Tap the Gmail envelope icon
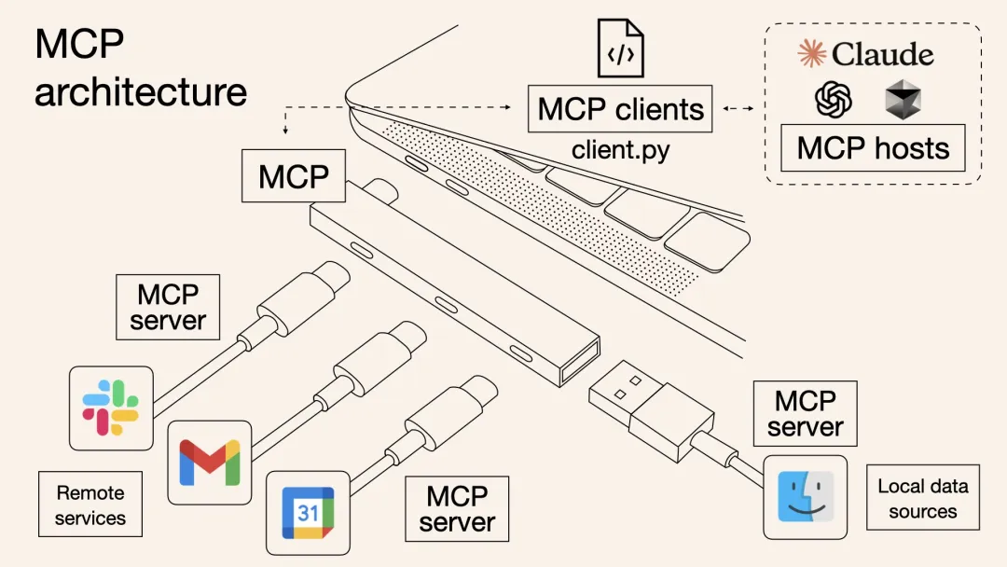[x=210, y=462]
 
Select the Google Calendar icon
[x=308, y=512]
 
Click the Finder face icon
[x=806, y=496]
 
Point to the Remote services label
[x=90, y=505]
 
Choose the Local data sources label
[x=922, y=498]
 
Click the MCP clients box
[x=620, y=109]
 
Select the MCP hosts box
[x=873, y=148]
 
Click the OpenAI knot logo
[x=834, y=99]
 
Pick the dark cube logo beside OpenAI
[x=903, y=100]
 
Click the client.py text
[x=620, y=149]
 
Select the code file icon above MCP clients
[x=620, y=48]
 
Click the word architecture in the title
[x=141, y=92]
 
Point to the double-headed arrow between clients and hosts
[x=738, y=109]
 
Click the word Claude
[x=882, y=54]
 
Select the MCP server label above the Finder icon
[x=805, y=413]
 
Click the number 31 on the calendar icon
[x=308, y=513]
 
